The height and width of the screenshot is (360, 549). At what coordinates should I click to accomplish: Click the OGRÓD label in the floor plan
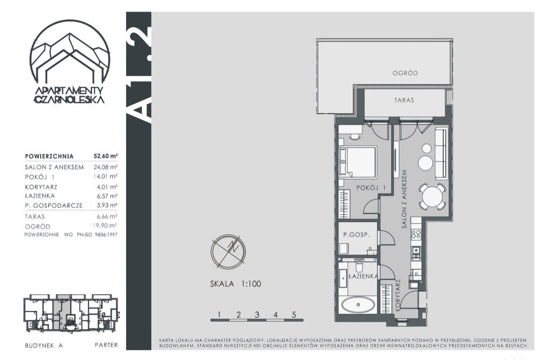pyautogui.click(x=405, y=73)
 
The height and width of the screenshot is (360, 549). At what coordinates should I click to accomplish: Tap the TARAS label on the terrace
pyautogui.click(x=404, y=100)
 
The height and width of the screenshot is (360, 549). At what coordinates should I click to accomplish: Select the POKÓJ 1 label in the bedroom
pyautogui.click(x=371, y=188)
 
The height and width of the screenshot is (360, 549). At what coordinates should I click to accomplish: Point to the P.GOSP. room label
pyautogui.click(x=356, y=235)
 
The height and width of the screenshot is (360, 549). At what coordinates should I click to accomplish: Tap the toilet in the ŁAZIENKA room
pyautogui.click(x=359, y=266)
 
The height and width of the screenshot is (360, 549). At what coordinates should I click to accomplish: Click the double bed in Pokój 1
pyautogui.click(x=357, y=162)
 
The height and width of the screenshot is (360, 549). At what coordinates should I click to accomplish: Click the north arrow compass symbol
pyautogui.click(x=228, y=252)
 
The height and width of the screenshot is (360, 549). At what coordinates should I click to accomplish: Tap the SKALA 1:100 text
pyautogui.click(x=236, y=284)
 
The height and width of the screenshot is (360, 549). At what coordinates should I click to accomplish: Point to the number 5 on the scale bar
pyautogui.click(x=294, y=314)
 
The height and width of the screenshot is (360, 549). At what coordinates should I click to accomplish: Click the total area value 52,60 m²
pyautogui.click(x=106, y=156)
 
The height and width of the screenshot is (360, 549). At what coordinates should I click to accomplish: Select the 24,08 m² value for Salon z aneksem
pyautogui.click(x=106, y=167)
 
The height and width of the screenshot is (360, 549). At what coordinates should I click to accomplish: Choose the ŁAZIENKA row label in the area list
pyautogui.click(x=40, y=196)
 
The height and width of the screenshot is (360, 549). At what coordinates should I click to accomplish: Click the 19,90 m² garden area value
pyautogui.click(x=106, y=226)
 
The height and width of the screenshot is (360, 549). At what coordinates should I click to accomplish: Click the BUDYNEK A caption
pyautogui.click(x=44, y=346)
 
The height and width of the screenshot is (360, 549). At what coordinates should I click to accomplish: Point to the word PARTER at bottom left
pyautogui.click(x=107, y=345)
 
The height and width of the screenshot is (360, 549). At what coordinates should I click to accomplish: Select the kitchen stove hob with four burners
pyautogui.click(x=417, y=234)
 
